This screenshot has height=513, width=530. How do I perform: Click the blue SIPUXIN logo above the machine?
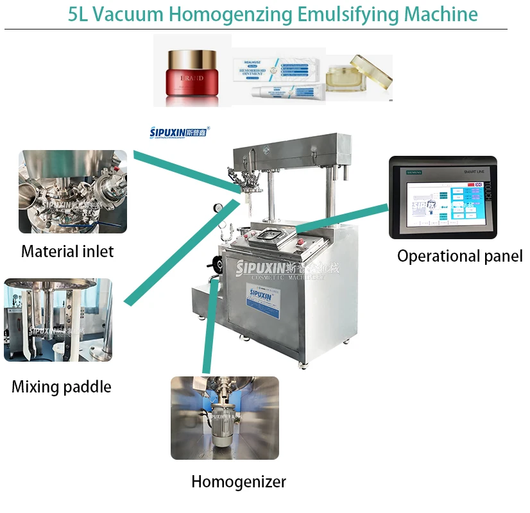[179, 133]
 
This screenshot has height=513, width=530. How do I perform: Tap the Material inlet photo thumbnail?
[73, 191]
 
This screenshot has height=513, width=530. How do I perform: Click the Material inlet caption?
[67, 251]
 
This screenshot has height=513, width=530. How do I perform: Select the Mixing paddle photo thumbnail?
[58, 319]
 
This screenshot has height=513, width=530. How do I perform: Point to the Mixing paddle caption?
[62, 387]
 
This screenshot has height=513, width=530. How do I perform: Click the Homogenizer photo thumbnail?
[225, 417]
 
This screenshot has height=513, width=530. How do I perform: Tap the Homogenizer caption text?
[239, 482]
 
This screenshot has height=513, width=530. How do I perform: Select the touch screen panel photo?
[442, 198]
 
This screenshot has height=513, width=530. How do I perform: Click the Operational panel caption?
[459, 256]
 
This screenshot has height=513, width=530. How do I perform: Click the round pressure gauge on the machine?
[220, 208]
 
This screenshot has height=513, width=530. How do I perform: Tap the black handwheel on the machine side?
[210, 265]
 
